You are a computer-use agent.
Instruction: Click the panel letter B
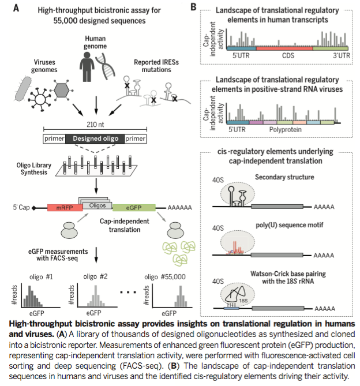point(193,8)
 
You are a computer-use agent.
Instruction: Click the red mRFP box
point(62,207)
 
